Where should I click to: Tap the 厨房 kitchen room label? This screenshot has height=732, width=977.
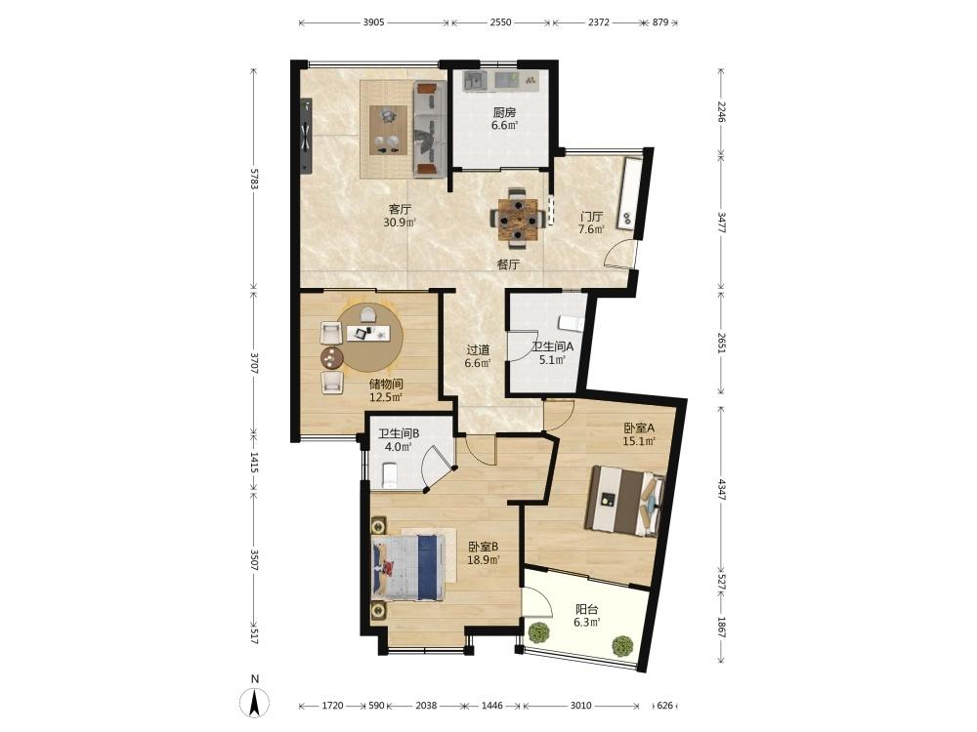pyautogui.click(x=504, y=112)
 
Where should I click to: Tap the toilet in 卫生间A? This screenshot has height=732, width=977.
pyautogui.click(x=572, y=323)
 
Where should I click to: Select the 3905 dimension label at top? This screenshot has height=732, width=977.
pyautogui.click(x=373, y=22)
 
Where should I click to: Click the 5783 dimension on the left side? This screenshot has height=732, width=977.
pyautogui.click(x=254, y=178)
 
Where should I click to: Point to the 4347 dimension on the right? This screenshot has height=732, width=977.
pyautogui.click(x=722, y=489)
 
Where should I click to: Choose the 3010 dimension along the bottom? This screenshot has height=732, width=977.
pyautogui.click(x=580, y=706)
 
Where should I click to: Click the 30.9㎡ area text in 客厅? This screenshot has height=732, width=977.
pyautogui.click(x=400, y=223)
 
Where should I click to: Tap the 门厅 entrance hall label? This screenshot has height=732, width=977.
pyautogui.click(x=591, y=217)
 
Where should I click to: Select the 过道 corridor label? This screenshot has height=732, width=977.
pyautogui.click(x=478, y=350)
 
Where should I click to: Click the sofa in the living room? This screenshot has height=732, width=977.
pyautogui.click(x=430, y=129)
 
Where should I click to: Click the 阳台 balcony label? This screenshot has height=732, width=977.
pyautogui.click(x=587, y=609)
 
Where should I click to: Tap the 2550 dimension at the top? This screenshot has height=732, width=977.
pyautogui.click(x=500, y=22)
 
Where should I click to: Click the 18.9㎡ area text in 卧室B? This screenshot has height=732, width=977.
pyautogui.click(x=484, y=560)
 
